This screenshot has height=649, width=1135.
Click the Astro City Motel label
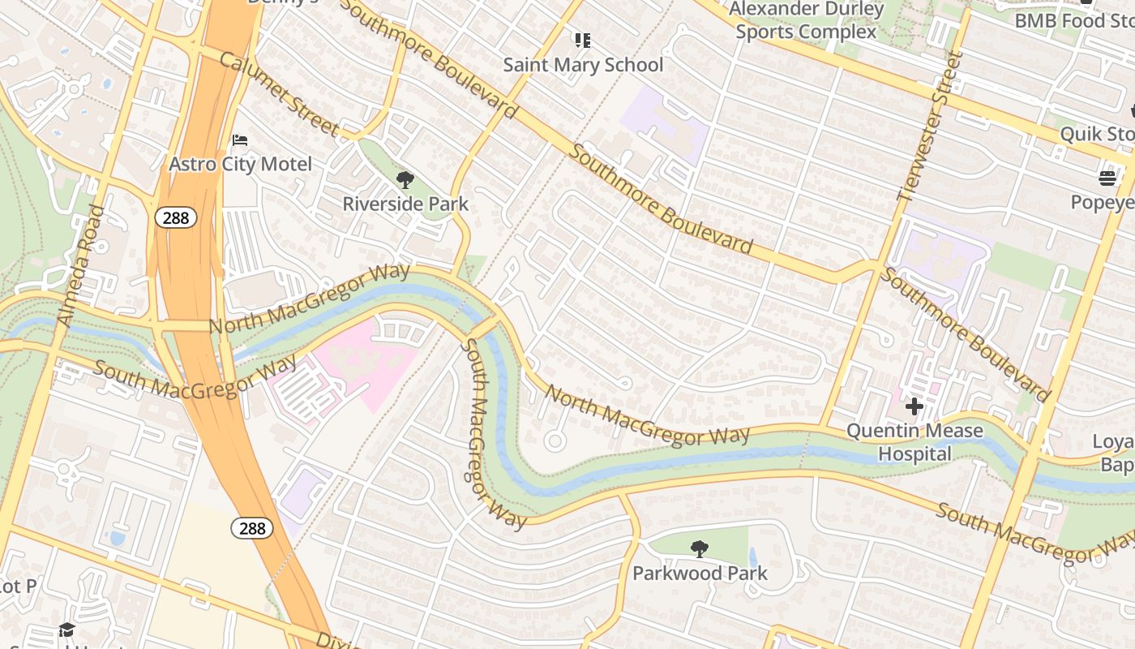[x=240, y=164]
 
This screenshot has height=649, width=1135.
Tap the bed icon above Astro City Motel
[x=240, y=140]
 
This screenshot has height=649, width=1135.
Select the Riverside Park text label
[x=405, y=204]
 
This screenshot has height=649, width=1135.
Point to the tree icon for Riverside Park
[x=405, y=179]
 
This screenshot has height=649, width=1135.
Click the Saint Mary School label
[x=583, y=65]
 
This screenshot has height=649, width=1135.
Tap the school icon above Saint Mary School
[x=582, y=40]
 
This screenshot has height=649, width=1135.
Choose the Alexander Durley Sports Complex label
[x=807, y=20]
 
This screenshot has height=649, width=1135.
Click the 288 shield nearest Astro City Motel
[x=176, y=217]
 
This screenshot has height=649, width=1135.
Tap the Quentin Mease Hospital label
[x=914, y=442]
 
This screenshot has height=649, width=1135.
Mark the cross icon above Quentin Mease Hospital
[x=914, y=406]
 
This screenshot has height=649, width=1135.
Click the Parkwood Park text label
[x=700, y=574]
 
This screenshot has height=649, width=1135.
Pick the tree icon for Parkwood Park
[x=699, y=549]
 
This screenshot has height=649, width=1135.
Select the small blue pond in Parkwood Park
[x=753, y=557]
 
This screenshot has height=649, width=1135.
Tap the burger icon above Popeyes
[x=1107, y=178]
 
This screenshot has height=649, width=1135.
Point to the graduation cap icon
[x=66, y=630]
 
